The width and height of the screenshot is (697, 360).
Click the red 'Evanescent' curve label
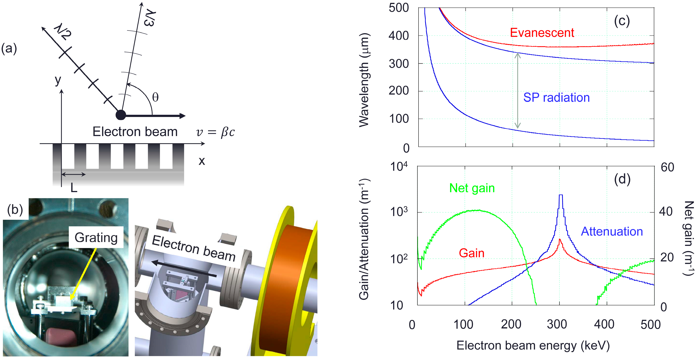coord(542,33)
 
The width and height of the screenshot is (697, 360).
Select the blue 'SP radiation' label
coord(556,97)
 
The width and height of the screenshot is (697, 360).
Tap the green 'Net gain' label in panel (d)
coord(472,188)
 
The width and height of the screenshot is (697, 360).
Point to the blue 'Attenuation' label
coord(612,231)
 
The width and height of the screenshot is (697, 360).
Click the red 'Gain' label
coord(471,253)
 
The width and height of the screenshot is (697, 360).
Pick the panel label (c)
coord(622,21)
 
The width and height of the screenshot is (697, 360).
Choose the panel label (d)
coord(622,179)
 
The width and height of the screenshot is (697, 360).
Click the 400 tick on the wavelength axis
coord(398,36)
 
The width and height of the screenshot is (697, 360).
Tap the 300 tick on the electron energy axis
coord(557,324)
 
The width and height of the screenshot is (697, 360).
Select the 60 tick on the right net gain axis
coord(667,167)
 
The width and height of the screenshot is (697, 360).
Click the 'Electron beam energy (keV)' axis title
coord(533,346)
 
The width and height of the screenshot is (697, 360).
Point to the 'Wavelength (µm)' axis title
coord(364,80)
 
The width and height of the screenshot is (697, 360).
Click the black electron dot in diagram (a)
coord(121,115)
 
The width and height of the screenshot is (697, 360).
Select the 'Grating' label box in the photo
coord(96,237)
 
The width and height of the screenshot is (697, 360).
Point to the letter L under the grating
coord(74,188)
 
